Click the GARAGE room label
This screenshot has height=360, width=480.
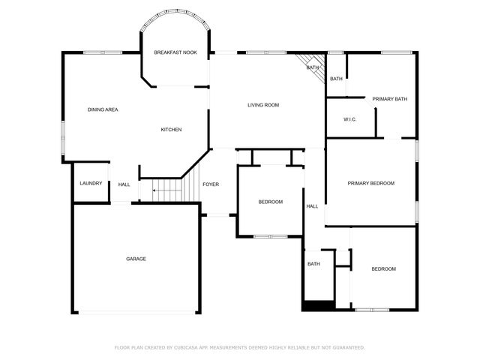pyautogui.click(x=136, y=259)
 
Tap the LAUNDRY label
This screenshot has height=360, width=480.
pyautogui.click(x=91, y=184)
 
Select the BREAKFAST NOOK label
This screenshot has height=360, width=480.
pyautogui.click(x=175, y=52)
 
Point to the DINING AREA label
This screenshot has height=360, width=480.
pyautogui.click(x=103, y=110)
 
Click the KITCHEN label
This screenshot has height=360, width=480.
pyautogui.click(x=171, y=130)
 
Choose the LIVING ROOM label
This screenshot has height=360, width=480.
pyautogui.click(x=263, y=105)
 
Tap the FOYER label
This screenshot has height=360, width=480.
pyautogui.click(x=211, y=184)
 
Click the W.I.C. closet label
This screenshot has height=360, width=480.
pyautogui.click(x=349, y=119)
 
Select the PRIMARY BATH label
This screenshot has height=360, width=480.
pyautogui.click(x=390, y=99)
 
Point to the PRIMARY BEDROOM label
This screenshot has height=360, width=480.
pyautogui.click(x=370, y=183)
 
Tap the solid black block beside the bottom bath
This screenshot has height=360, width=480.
pyautogui.click(x=318, y=305)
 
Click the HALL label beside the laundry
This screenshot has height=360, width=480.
pyautogui.click(x=124, y=184)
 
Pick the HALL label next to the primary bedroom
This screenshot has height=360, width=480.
pyautogui.click(x=312, y=206)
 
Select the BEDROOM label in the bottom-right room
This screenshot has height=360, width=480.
pyautogui.click(x=383, y=269)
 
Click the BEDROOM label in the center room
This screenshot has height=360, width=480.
pyautogui.click(x=271, y=202)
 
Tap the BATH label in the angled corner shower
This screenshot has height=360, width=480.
pyautogui.click(x=313, y=68)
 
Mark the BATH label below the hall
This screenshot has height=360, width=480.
pyautogui.click(x=313, y=263)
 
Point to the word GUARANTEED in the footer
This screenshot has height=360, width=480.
pyautogui.click(x=347, y=347)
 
